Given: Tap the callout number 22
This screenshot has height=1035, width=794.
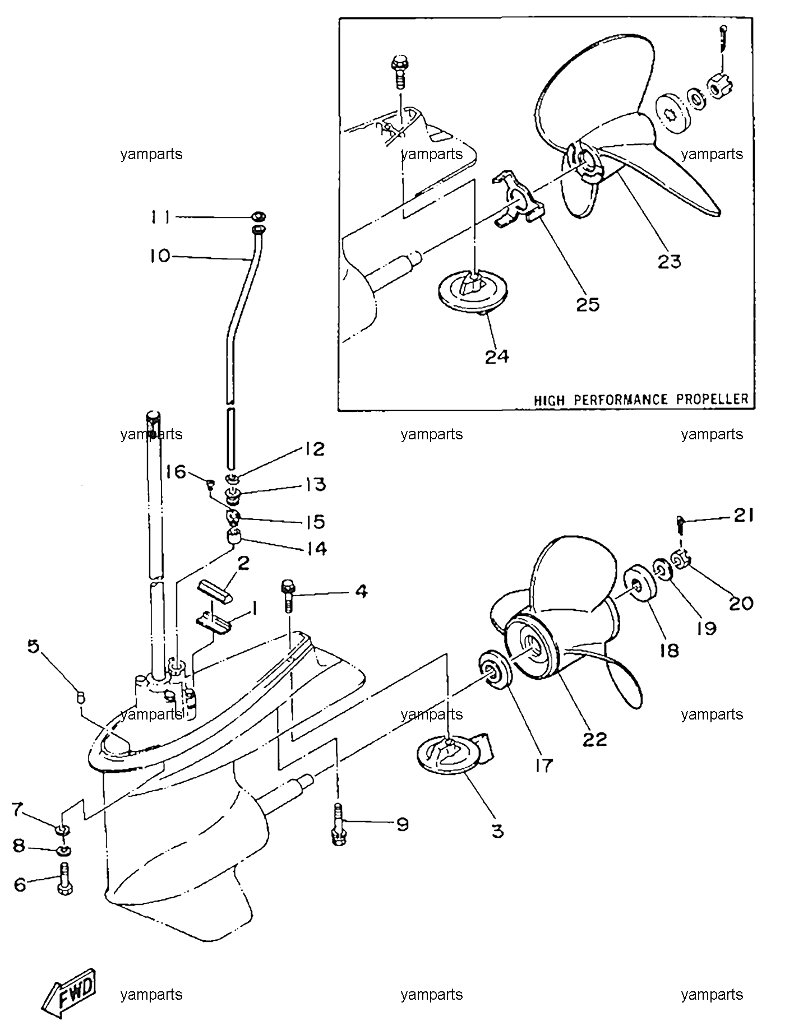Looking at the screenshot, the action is (x=595, y=740).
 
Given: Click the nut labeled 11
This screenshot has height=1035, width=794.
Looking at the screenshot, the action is (x=258, y=217).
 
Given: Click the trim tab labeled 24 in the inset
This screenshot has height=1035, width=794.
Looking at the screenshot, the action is (x=472, y=291).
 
